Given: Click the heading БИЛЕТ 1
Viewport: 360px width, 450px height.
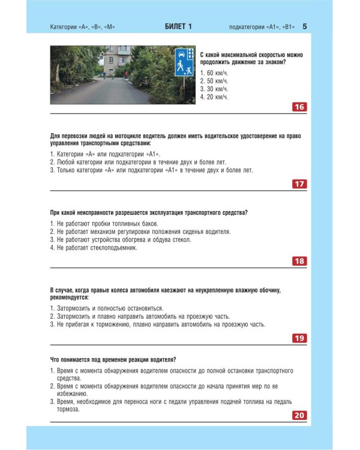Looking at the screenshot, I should click(178, 27).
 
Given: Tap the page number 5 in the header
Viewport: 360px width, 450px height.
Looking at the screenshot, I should click(305, 27).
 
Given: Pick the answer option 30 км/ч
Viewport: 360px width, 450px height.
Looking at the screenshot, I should click(214, 88).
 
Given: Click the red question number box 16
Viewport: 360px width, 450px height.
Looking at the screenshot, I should click(299, 107).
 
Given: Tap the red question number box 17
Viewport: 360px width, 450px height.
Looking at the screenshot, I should click(299, 184).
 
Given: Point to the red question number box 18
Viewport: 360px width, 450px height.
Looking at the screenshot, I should click(299, 261).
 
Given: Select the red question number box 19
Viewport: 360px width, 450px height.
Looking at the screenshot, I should click(299, 338).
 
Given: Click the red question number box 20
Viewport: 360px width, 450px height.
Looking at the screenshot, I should click(299, 415).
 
